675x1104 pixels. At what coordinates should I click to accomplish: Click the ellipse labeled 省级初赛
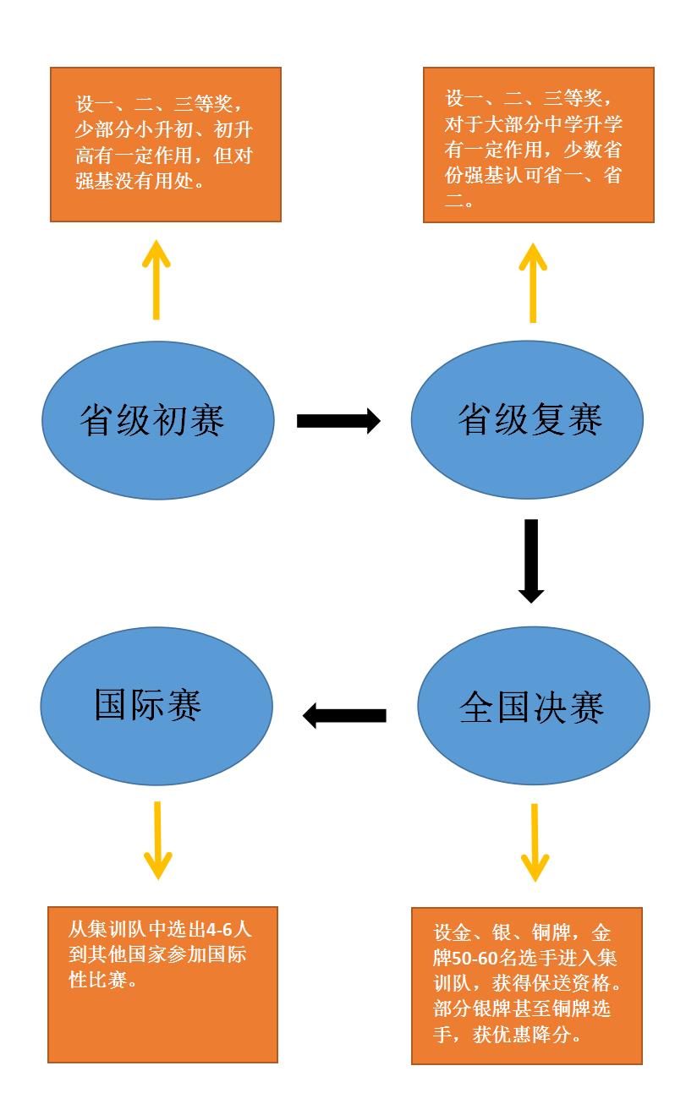[x=158, y=420]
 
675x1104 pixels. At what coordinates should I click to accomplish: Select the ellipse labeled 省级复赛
[x=527, y=420]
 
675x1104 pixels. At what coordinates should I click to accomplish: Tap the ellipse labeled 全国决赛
[x=533, y=707]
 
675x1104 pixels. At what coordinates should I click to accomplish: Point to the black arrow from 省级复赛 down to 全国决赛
[x=531, y=560]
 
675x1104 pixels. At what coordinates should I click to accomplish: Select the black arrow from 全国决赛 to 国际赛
[x=344, y=716]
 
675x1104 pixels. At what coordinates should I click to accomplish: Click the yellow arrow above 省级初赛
[x=156, y=280]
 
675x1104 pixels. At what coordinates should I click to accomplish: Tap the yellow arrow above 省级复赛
[x=533, y=283]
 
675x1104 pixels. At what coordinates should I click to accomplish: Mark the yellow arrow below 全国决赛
[x=535, y=842]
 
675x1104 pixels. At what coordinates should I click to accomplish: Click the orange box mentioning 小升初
[x=166, y=145]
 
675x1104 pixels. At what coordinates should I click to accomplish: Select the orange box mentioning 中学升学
[x=539, y=145]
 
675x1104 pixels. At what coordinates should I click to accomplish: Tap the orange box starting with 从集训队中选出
[x=162, y=984]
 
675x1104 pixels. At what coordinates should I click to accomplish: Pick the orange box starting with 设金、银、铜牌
[x=527, y=986]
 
